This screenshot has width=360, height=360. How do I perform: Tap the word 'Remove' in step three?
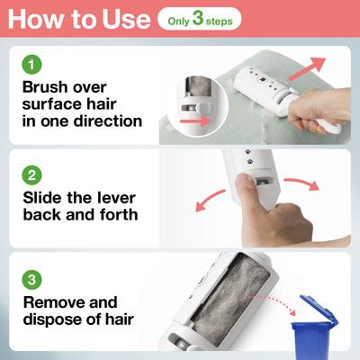[58, 302]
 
